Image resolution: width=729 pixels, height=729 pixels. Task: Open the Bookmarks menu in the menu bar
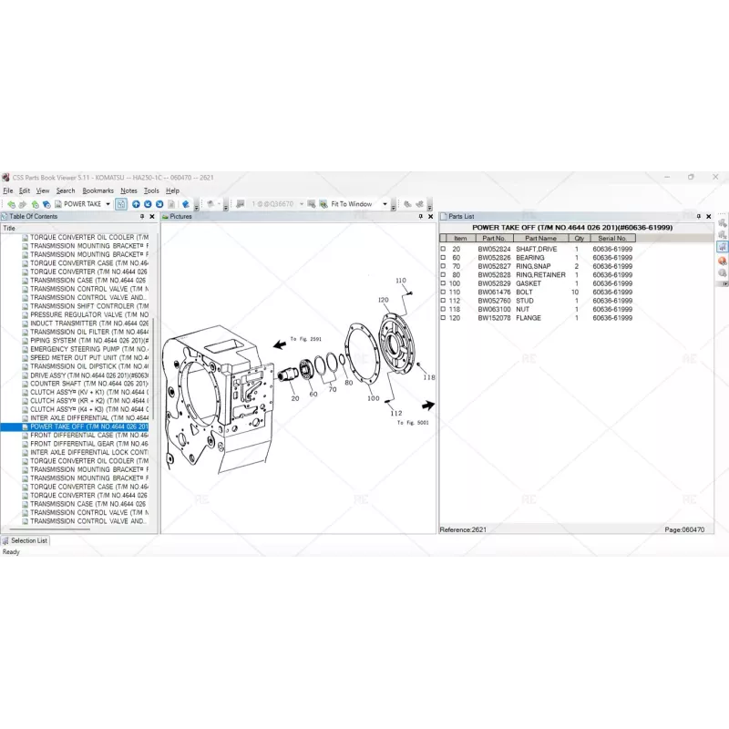point(98,190)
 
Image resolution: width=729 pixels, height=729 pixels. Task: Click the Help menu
point(172,190)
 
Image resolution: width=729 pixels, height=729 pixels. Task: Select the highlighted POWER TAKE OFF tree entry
point(88,426)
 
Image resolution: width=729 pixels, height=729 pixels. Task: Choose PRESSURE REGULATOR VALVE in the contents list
point(87,314)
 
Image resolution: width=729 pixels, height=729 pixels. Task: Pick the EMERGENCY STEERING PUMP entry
point(87,349)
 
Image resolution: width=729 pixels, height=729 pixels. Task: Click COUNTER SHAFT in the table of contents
point(87,384)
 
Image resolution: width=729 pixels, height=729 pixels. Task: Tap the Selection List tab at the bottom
point(29,540)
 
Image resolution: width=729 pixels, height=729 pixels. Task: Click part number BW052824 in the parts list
point(494,249)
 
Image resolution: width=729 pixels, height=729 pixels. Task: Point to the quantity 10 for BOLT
point(575,292)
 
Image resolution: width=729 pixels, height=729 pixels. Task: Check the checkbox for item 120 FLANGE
point(444,318)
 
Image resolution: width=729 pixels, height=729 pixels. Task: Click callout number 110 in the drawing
point(400,281)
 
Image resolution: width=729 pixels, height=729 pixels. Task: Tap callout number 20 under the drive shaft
point(294,398)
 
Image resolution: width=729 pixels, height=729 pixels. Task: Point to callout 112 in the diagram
point(396,413)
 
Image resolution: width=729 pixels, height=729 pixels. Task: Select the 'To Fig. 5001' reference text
point(412,423)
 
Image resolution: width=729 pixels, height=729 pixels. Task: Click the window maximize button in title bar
point(690,177)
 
